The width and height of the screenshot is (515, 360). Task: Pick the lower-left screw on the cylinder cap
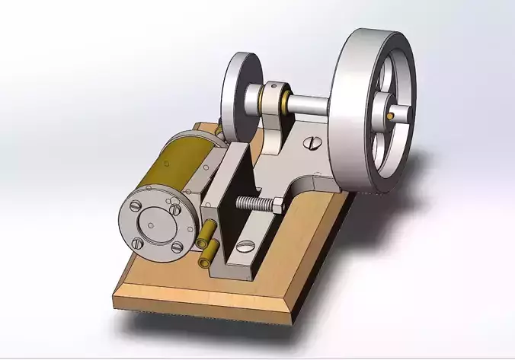(x=138, y=244)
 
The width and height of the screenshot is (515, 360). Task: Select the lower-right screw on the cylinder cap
(x=177, y=246)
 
